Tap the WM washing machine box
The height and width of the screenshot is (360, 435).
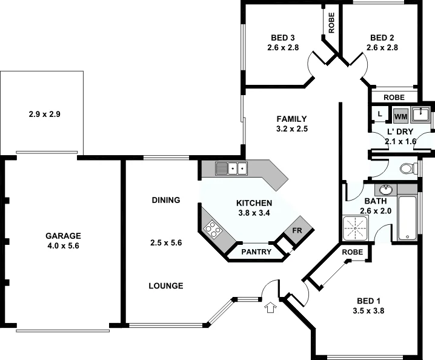click(x=400, y=115)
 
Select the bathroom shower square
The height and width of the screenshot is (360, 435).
click(x=356, y=227)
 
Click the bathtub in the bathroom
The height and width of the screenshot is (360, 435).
click(x=408, y=218)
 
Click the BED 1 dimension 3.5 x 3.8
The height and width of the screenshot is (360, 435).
click(x=368, y=311)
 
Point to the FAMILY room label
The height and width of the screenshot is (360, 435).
click(x=291, y=119)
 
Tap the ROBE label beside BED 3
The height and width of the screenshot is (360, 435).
click(x=331, y=23)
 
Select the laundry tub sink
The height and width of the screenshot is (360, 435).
click(x=420, y=113)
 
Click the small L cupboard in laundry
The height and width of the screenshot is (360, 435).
click(x=379, y=113)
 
